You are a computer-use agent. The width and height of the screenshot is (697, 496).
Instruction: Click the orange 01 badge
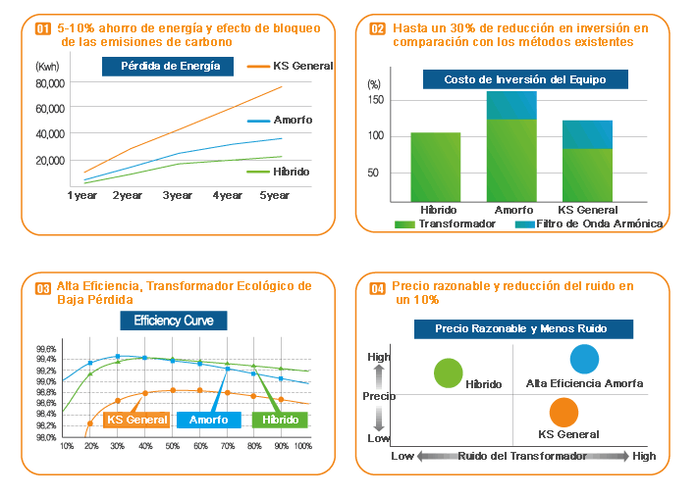[x=42, y=29]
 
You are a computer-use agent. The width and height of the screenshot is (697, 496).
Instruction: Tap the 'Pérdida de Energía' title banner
[x=169, y=67]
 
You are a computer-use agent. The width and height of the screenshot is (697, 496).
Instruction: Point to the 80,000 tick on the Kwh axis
[x=50, y=83]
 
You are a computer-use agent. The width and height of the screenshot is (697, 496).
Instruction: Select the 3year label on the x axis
[x=178, y=196]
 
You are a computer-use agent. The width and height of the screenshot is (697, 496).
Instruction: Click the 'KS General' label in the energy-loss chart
[x=302, y=66]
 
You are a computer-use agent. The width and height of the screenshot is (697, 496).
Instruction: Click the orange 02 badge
[x=377, y=29]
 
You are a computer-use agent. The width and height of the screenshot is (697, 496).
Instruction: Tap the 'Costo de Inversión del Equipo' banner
[x=525, y=79]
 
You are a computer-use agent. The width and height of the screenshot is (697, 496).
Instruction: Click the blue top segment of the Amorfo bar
[x=511, y=105]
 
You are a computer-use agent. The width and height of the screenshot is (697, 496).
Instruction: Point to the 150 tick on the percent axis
[x=373, y=100]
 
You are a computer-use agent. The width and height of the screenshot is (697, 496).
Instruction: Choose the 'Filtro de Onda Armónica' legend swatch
[x=525, y=224]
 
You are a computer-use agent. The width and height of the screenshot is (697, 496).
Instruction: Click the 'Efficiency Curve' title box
[x=173, y=321]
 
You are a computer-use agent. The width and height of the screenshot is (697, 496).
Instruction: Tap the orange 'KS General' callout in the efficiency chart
[x=136, y=420]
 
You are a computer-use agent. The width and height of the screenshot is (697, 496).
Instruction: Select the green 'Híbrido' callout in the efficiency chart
[x=280, y=420]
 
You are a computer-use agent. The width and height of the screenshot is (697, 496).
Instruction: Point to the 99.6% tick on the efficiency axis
[x=45, y=349]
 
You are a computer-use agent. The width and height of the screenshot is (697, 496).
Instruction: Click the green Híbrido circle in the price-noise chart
[x=448, y=372]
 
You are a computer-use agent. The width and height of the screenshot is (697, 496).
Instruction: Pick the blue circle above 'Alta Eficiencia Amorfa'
[x=584, y=360]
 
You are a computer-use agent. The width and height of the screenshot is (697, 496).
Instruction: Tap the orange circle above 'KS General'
[x=563, y=412]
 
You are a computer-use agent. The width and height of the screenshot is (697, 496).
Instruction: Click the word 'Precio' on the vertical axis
[x=379, y=396]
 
